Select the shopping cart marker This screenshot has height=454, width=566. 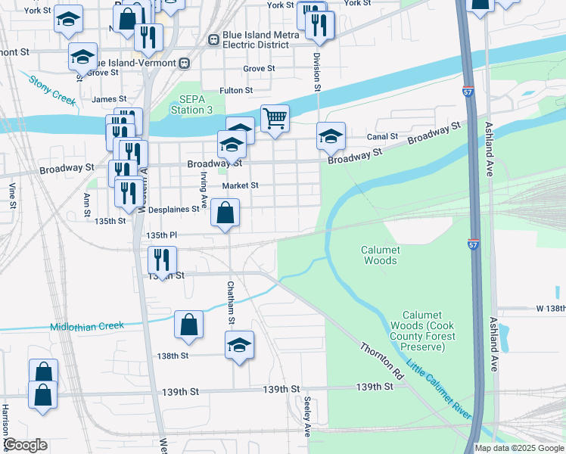[275, 118]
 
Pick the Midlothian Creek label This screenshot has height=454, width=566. [86, 327]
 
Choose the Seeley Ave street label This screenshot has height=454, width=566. [307, 417]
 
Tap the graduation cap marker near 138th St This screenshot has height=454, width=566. [239, 346]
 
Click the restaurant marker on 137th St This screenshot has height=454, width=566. [162, 260]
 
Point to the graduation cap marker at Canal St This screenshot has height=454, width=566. [331, 136]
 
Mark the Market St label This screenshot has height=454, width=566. [240, 185]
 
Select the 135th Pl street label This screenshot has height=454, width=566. [161, 235]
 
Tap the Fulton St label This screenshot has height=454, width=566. [236, 91]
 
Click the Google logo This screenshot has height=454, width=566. [24, 445]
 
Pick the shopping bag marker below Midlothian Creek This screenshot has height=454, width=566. [188, 325]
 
